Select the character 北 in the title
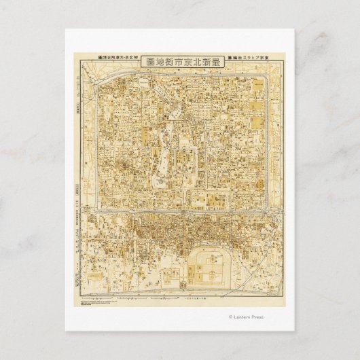(198, 61)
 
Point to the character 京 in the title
(188, 61)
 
